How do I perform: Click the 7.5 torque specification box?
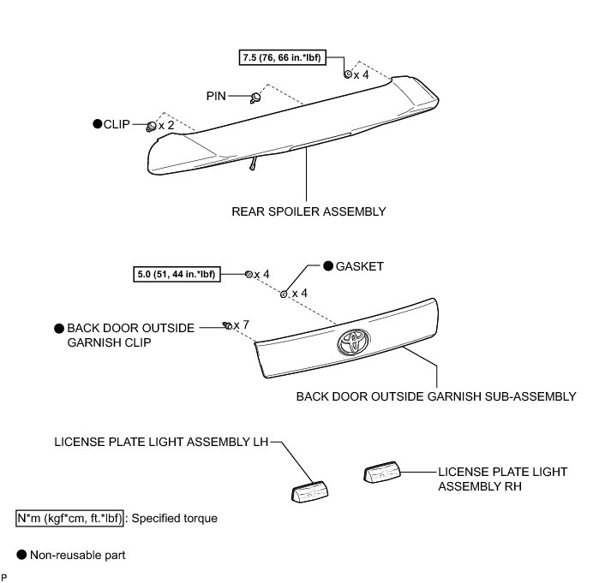click(x=291, y=57)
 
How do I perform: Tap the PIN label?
click(x=215, y=97)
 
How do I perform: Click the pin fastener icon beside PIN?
click(x=255, y=98)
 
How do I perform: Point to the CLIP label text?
click(x=116, y=125)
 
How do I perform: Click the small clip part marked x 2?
click(x=151, y=127)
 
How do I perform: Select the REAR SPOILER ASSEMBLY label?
click(x=308, y=211)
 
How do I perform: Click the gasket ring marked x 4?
click(x=284, y=294)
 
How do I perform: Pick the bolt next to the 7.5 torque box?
click(x=347, y=74)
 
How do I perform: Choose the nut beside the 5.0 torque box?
click(x=248, y=274)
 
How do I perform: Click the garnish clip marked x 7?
click(x=226, y=325)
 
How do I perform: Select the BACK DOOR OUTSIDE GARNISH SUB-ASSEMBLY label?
click(x=435, y=396)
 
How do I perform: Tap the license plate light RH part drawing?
click(x=382, y=473)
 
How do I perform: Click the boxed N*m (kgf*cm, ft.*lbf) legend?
click(x=69, y=518)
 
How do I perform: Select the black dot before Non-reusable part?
click(x=21, y=556)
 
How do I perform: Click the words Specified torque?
click(x=162, y=518)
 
